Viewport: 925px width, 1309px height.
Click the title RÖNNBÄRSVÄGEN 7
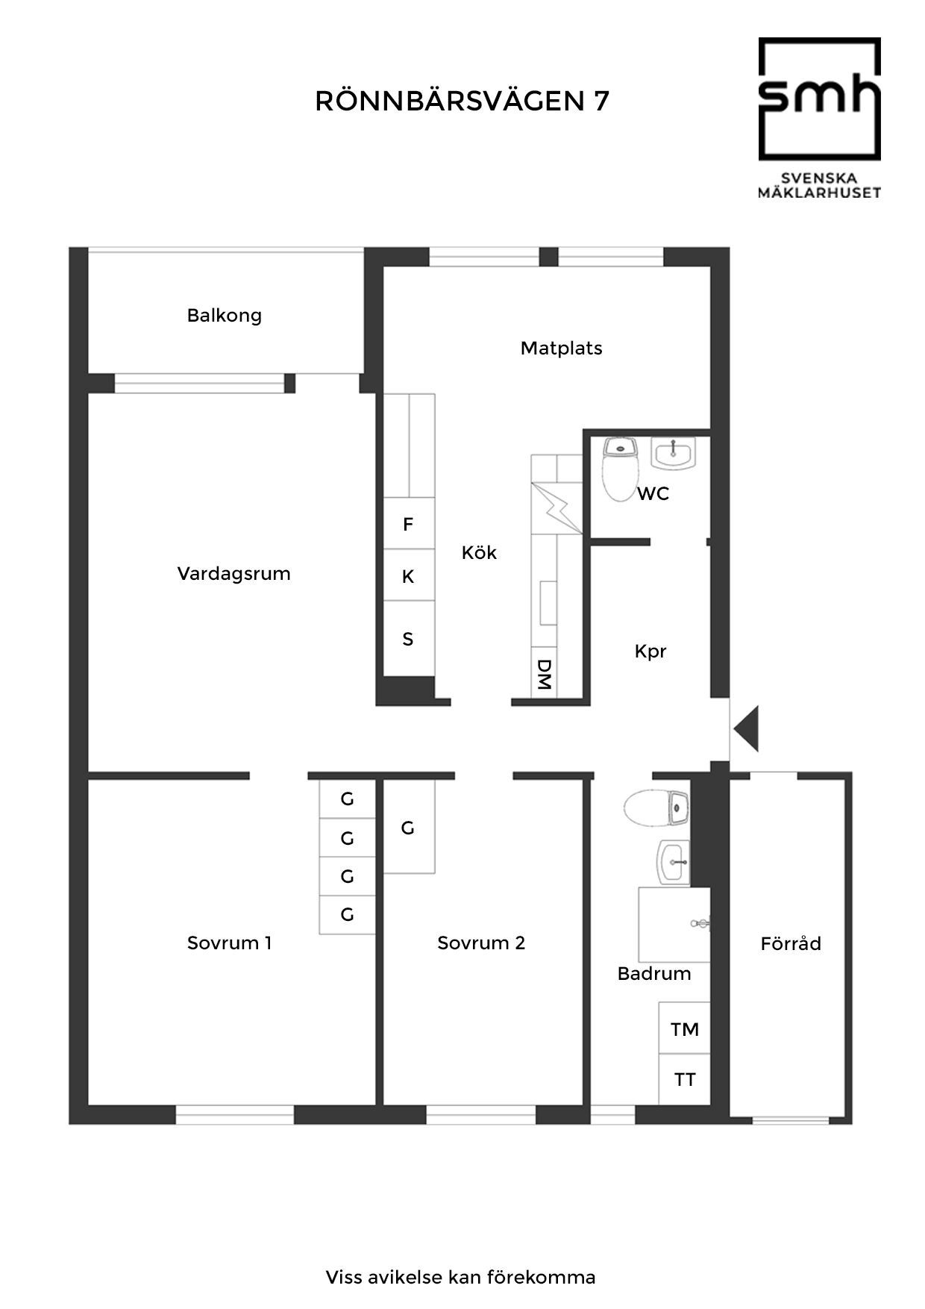click(462, 101)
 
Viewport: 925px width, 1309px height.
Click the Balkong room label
click(225, 316)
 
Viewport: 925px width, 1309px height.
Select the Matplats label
click(561, 348)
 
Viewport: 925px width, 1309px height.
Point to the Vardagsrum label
click(233, 574)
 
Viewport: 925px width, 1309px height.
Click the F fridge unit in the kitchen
click(409, 524)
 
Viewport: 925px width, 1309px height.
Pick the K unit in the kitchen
click(409, 575)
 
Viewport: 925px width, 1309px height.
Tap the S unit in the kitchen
click(409, 638)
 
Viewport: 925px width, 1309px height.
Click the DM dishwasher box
click(544, 674)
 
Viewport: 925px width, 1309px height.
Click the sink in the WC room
click(674, 453)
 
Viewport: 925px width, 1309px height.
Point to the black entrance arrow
click(747, 728)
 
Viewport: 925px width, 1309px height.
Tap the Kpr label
click(650, 652)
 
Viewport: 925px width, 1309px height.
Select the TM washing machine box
click(684, 1028)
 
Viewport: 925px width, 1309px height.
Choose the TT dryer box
click(684, 1079)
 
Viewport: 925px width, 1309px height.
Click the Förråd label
click(791, 943)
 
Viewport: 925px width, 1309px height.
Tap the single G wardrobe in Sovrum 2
click(409, 828)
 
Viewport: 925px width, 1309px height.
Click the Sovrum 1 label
click(230, 943)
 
